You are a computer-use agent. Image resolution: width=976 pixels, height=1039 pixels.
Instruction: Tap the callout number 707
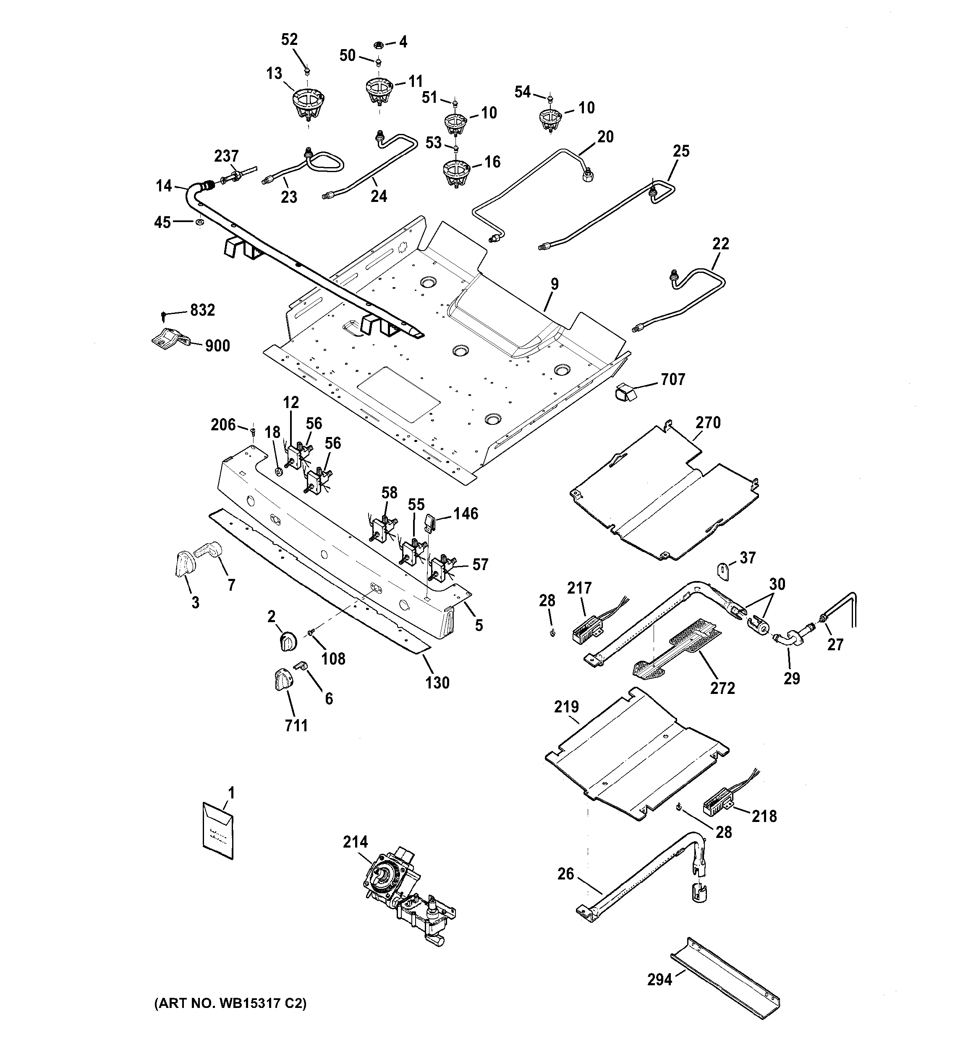[672, 379]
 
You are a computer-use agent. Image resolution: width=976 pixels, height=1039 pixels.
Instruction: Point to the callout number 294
[659, 979]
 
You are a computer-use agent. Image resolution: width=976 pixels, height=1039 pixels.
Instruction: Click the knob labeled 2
[287, 640]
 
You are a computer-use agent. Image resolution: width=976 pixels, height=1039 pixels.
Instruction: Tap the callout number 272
[722, 688]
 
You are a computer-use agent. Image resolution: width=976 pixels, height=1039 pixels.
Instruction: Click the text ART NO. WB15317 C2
[230, 1003]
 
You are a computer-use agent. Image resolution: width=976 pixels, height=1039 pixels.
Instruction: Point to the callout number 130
[437, 683]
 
